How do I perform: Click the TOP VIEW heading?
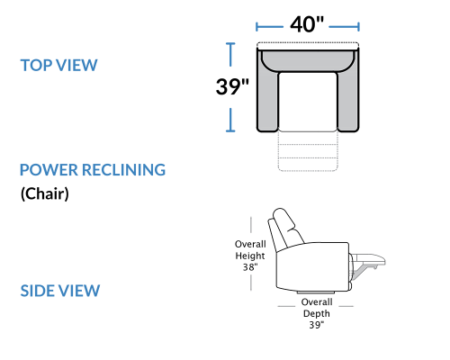[58, 65]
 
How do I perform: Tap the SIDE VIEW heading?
[60, 291]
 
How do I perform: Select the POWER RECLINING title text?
[93, 170]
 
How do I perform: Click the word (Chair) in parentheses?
[45, 193]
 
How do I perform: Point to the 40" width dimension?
[307, 24]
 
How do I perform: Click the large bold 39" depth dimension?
[232, 86]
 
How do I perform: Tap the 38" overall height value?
[250, 266]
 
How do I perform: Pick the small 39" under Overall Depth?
[317, 325]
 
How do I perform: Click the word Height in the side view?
[250, 256]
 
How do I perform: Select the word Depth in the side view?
[317, 313]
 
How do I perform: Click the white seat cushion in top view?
[308, 102]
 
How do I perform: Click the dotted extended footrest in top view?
[308, 151]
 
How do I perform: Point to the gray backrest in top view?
[308, 61]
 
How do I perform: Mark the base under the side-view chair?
[316, 292]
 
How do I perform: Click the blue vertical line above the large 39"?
[230, 54]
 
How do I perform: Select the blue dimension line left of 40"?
[269, 27]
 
